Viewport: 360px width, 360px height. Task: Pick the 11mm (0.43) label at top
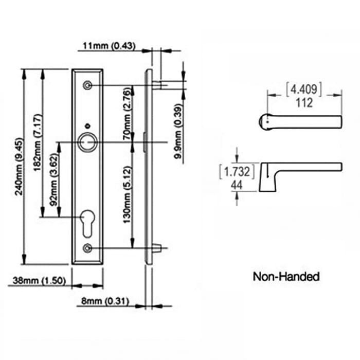pos(109,46)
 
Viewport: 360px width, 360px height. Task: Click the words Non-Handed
pos(286,277)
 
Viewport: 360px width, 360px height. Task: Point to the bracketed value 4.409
pos(304,90)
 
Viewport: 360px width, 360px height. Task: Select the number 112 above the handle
pos(304,103)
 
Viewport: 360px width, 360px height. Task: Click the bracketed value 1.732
pos(237,171)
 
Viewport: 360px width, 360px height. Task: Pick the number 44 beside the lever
pos(237,185)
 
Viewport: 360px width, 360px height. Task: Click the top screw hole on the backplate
pos(89,85)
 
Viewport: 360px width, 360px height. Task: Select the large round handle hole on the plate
pos(88,141)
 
